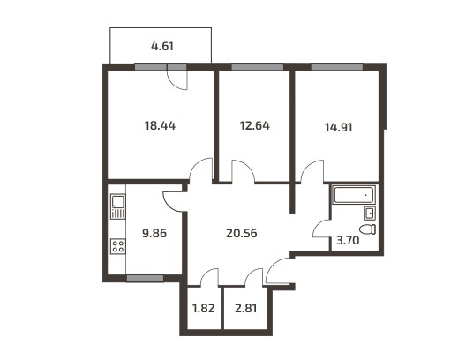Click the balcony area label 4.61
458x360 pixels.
pyautogui.click(x=162, y=46)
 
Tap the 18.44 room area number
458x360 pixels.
pyautogui.click(x=160, y=125)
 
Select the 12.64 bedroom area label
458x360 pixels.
pyautogui.click(x=255, y=125)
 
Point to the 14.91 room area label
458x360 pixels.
pyautogui.click(x=338, y=127)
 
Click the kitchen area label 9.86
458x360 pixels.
pyautogui.click(x=154, y=233)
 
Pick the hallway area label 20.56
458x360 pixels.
pyautogui.click(x=242, y=233)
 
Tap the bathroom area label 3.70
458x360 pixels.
pyautogui.click(x=348, y=241)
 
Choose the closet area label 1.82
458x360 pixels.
pyautogui.click(x=203, y=308)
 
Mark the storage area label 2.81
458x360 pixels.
pyautogui.click(x=246, y=308)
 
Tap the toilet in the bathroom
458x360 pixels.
pyautogui.click(x=367, y=229)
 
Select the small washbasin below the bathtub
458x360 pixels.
pyautogui.click(x=370, y=213)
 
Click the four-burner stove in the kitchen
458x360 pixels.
pyautogui.click(x=118, y=246)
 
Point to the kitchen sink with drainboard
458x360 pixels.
pyautogui.click(x=118, y=206)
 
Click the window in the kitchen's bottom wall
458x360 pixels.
pyautogui.click(x=145, y=278)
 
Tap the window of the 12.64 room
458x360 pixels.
pyautogui.click(x=258, y=67)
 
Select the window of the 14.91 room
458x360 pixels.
pyautogui.click(x=337, y=67)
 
